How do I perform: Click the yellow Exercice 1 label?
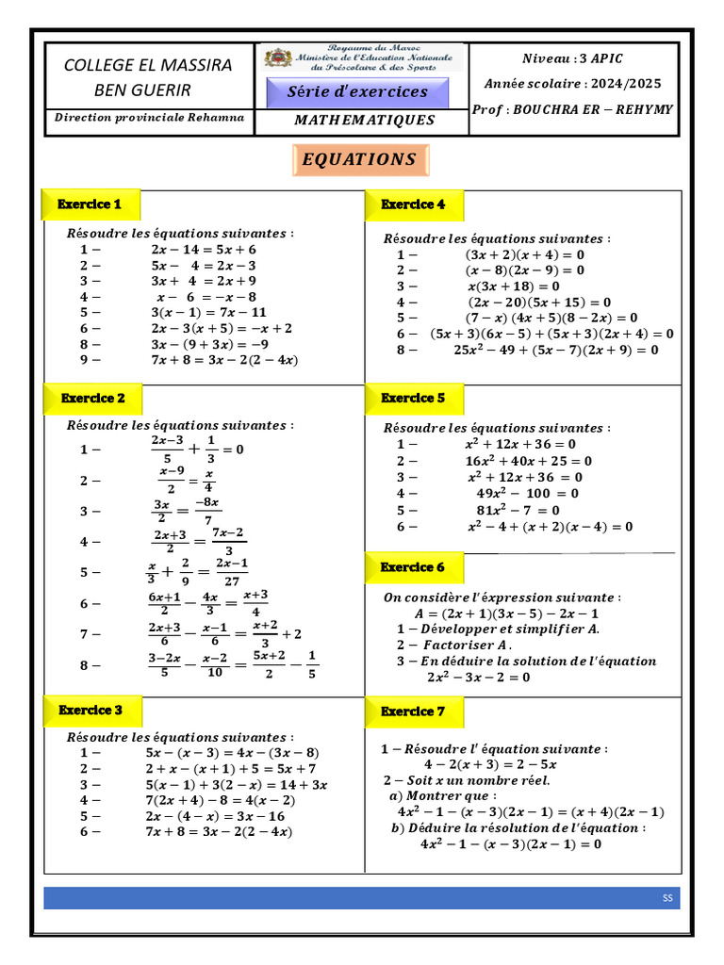[x=90, y=204]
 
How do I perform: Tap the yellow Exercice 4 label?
[x=413, y=204]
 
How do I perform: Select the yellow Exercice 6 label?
[x=413, y=567]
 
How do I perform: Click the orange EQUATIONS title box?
[x=359, y=160]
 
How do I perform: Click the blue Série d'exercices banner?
[x=357, y=92]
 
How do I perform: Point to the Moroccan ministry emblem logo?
[x=278, y=58]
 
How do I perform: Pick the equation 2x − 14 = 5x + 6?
[x=203, y=250]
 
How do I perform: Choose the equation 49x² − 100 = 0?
[x=528, y=493]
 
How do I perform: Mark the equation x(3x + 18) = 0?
[x=513, y=286]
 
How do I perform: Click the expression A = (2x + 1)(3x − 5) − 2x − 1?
[x=501, y=613]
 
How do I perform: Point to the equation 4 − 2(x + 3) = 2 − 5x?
[x=490, y=764]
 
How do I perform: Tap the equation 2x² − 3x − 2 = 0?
[x=478, y=677]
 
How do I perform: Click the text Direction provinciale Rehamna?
[x=149, y=118]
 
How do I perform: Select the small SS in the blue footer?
[x=667, y=899]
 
